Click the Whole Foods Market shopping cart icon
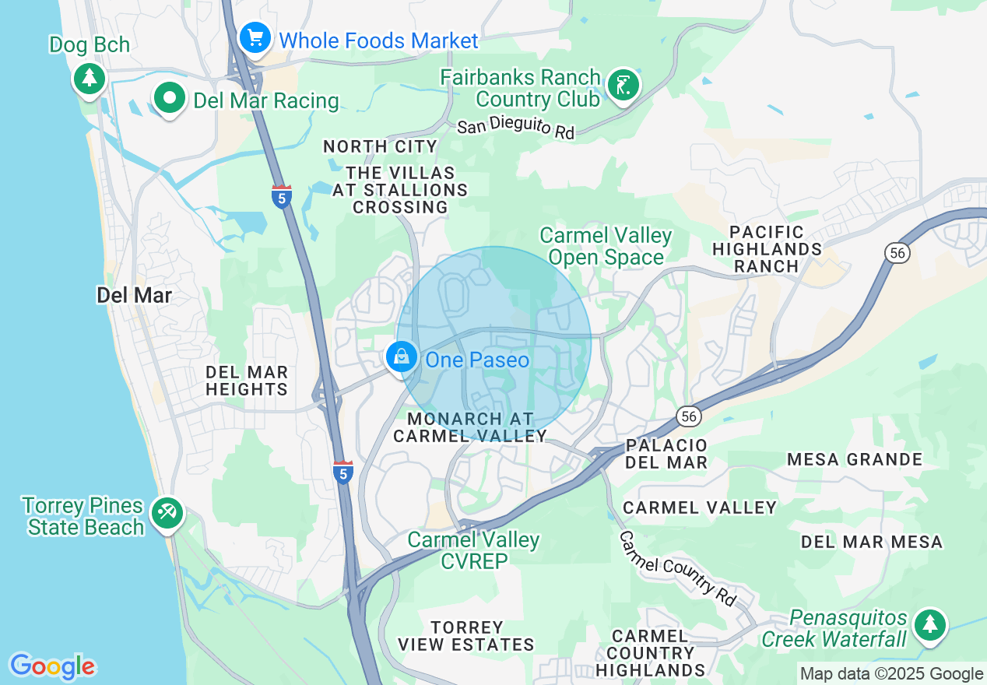(x=255, y=38)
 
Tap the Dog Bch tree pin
(x=90, y=78)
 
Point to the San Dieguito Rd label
(x=515, y=128)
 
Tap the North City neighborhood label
(x=380, y=146)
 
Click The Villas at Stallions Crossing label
(x=400, y=189)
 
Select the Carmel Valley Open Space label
(x=606, y=246)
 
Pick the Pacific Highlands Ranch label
(x=767, y=248)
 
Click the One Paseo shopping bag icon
(x=402, y=358)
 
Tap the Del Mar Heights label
(x=247, y=381)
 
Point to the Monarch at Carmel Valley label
(x=470, y=427)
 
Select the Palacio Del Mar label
(x=666, y=454)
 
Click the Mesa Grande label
(x=854, y=459)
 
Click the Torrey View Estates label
(x=466, y=636)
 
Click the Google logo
(x=53, y=666)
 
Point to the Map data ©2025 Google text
(x=891, y=674)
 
